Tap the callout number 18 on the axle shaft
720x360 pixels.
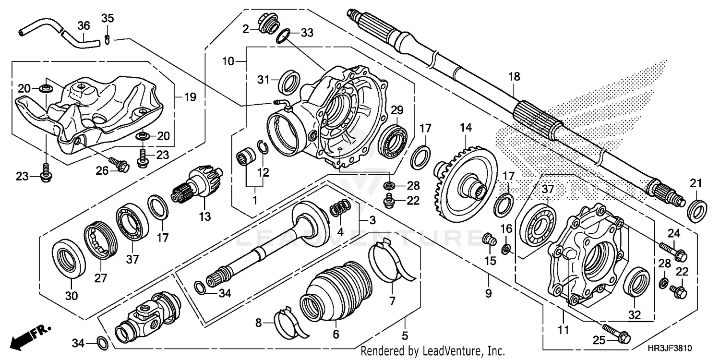click(514, 77)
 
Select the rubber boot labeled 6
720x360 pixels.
click(336, 293)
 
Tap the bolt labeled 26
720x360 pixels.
click(119, 165)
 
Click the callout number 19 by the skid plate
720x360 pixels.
click(190, 97)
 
